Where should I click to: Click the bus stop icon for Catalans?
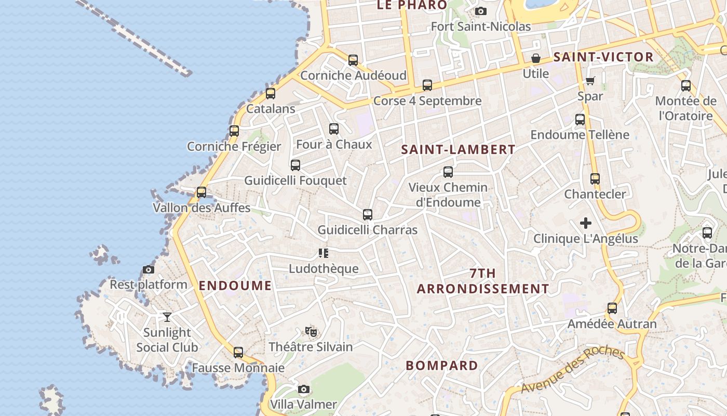tap(271, 94)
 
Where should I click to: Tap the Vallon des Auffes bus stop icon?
tap(201, 192)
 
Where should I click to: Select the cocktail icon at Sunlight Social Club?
tap(167, 317)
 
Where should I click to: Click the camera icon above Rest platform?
tap(149, 269)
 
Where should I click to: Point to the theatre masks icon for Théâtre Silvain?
tap(311, 331)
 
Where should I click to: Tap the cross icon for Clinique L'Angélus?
tap(586, 224)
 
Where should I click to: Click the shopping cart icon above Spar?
tap(590, 81)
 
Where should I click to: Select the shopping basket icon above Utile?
tap(535, 58)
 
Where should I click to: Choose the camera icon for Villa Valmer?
tap(304, 389)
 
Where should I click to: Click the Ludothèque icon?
tap(324, 253)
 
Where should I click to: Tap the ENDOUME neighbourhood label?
tap(235, 285)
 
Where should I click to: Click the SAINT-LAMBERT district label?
tap(459, 150)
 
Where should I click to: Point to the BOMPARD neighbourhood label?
tap(442, 366)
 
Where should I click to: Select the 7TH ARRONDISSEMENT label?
tap(483, 281)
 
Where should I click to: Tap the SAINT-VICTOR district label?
tap(603, 57)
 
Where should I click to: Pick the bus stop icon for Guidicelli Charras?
tap(368, 214)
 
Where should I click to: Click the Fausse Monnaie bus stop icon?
tap(238, 353)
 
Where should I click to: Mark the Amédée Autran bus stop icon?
tap(612, 308)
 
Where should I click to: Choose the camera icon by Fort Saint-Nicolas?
tap(481, 11)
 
